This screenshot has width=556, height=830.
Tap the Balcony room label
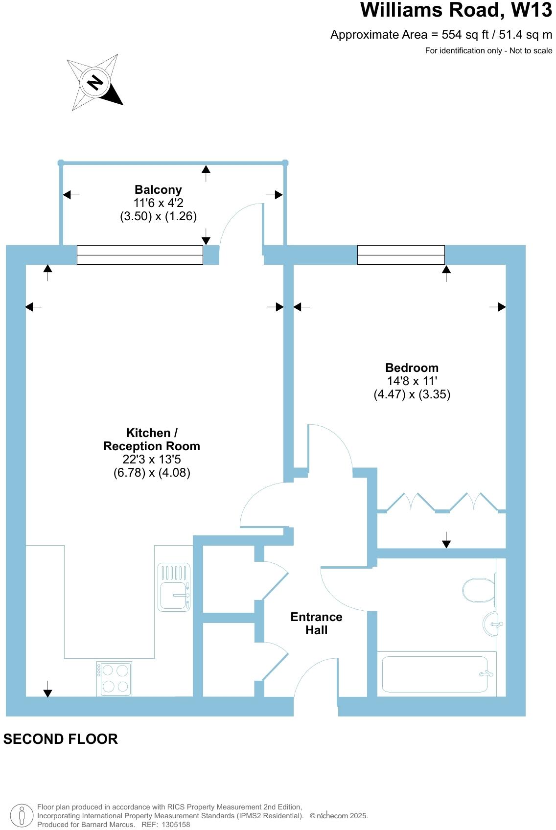pos(158,190)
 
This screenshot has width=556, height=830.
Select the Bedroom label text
pos(412,368)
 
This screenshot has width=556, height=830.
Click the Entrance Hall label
pos(316,623)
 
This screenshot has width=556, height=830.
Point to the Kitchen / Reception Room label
pos(152,439)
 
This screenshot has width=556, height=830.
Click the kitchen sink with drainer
pos(174,587)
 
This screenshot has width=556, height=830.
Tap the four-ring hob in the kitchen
pos(114,678)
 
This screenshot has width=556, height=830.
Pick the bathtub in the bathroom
pos(435,674)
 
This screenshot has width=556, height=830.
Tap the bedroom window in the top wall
pos(401,255)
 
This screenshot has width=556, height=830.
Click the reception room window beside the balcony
pos(140,255)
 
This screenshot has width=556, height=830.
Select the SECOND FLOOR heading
pos(61,739)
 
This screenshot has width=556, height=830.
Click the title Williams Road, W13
pos(456,11)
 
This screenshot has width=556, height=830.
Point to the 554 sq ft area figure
pos(453,35)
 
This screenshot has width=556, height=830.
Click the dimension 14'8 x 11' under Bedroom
pos(412,381)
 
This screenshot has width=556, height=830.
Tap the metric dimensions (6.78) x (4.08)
pos(152,473)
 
